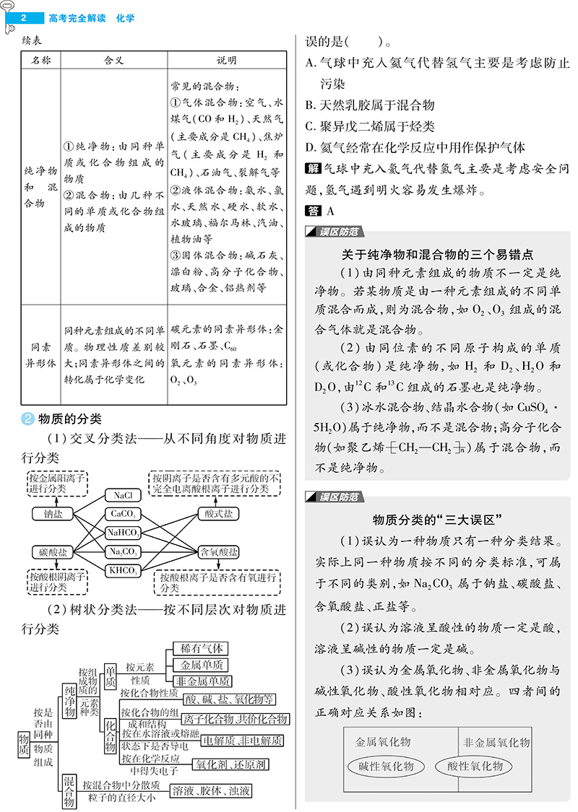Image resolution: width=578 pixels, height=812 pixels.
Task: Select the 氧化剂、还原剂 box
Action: (230, 764)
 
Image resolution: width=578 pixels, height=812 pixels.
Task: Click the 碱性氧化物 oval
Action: (384, 766)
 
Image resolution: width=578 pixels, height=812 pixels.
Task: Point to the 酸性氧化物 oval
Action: (474, 766)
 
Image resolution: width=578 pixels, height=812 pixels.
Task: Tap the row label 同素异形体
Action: (40, 354)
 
